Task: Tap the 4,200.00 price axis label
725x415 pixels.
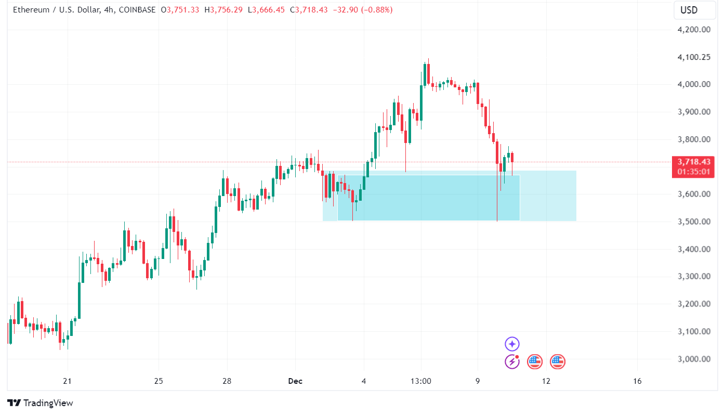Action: tap(694, 30)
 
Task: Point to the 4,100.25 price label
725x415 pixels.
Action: tap(694, 57)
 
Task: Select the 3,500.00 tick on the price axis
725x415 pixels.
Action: tap(694, 222)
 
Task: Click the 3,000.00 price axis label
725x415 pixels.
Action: tap(694, 359)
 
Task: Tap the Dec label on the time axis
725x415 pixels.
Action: tap(295, 381)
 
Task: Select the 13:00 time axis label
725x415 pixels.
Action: tap(420, 381)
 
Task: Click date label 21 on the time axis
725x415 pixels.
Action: tap(67, 381)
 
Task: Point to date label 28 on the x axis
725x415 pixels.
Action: tap(227, 381)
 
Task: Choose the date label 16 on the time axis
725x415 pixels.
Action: tap(638, 381)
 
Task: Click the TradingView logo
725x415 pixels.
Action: tap(41, 403)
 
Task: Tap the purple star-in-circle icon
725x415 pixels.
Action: tap(512, 344)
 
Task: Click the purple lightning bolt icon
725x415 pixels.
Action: tap(512, 361)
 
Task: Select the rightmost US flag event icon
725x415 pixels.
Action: tap(557, 361)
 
